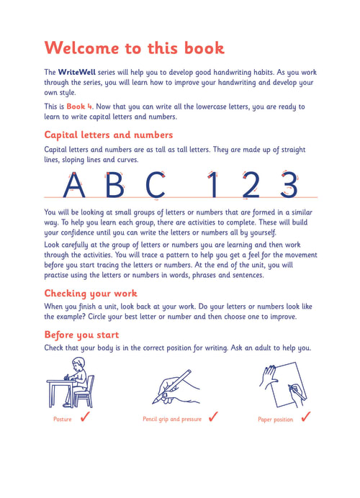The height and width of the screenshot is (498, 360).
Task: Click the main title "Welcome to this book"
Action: tap(135, 48)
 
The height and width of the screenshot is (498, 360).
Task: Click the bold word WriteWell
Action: tap(76, 72)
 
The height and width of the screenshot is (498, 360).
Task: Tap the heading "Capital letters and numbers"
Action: tap(108, 135)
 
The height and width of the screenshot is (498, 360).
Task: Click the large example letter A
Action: tap(73, 185)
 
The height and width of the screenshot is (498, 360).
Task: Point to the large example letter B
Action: tap(114, 185)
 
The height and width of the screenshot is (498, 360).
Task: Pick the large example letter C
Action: tap(156, 185)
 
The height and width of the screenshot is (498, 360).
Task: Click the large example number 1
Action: tap(213, 185)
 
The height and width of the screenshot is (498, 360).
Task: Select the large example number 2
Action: tap(251, 185)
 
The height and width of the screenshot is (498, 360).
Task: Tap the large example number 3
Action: tap(289, 185)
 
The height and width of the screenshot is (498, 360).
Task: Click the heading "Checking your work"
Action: tap(91, 293)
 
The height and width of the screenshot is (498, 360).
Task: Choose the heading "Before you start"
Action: tap(81, 335)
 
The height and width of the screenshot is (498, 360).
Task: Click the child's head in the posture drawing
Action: tap(78, 363)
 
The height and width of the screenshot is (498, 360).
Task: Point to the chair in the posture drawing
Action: tap(85, 392)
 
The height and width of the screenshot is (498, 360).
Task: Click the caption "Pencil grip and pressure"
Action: tap(172, 420)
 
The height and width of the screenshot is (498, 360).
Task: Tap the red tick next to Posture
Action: tap(85, 416)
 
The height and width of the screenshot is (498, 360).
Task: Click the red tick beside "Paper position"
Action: tap(306, 417)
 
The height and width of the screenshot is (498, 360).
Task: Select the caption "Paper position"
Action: tap(276, 420)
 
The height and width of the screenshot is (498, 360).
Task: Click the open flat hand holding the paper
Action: tap(269, 376)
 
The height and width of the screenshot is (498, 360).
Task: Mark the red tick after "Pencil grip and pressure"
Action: tap(213, 416)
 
